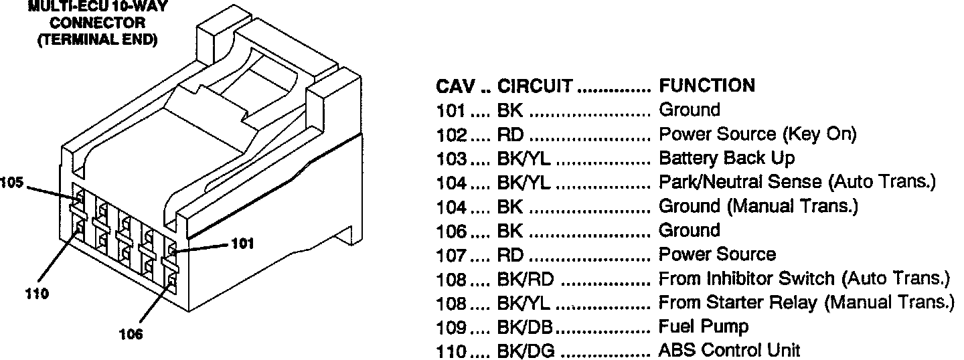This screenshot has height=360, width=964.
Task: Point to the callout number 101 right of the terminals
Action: coord(242,244)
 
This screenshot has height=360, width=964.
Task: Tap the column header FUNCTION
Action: coord(707,86)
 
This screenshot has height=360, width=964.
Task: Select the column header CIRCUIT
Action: coord(535,86)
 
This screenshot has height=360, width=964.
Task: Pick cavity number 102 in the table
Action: coord(451,134)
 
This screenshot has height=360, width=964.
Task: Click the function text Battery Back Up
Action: coord(727,159)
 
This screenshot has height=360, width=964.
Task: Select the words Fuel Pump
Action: coord(704,327)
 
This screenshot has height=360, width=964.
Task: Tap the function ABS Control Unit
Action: coord(730,351)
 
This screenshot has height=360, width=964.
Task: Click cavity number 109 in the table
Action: coord(451,327)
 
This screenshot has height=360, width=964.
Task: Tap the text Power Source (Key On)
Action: coord(758,134)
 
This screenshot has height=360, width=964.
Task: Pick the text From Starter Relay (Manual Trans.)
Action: coord(806,303)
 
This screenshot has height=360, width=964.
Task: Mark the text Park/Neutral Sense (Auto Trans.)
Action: coord(797,182)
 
